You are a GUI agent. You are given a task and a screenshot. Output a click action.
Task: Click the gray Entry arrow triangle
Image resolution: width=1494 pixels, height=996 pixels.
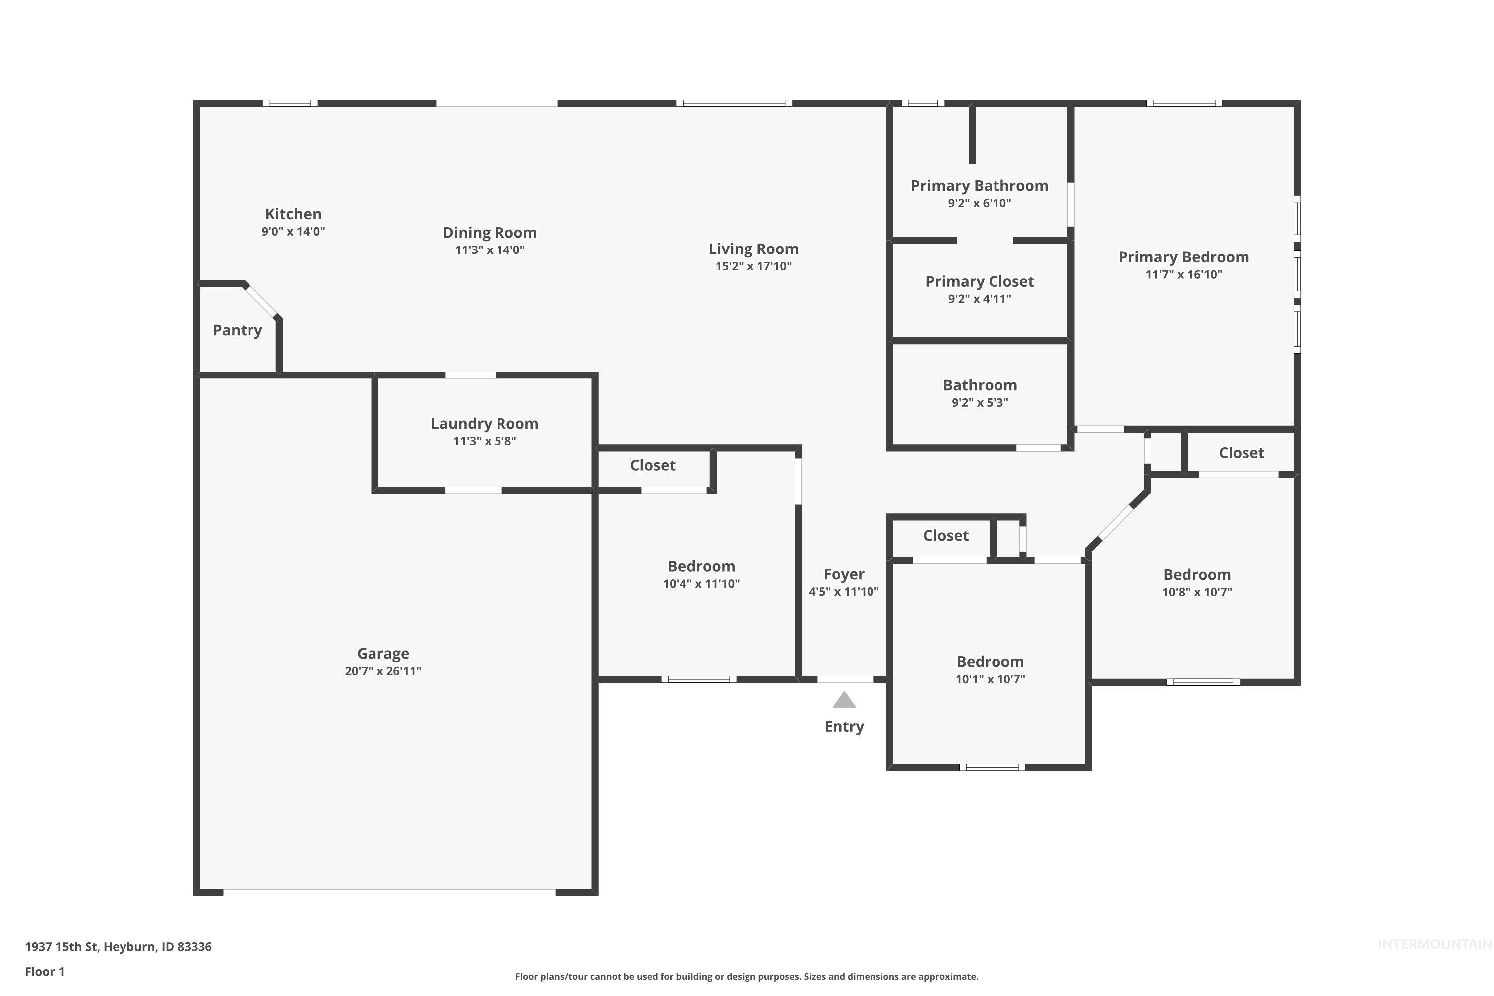pyautogui.click(x=844, y=700)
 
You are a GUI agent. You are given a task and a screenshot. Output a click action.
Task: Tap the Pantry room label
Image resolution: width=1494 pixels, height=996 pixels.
pyautogui.click(x=237, y=330)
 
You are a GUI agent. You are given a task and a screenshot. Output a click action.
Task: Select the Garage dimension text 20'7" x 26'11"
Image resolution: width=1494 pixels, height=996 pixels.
pyautogui.click(x=382, y=671)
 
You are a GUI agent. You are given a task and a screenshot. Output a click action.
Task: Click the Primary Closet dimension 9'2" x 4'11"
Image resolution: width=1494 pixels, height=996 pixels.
pyautogui.click(x=979, y=298)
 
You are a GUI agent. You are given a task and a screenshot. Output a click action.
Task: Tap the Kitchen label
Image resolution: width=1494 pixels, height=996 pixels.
pyautogui.click(x=293, y=214)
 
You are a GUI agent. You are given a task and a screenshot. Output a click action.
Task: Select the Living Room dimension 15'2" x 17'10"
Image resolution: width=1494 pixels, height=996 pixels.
pyautogui.click(x=753, y=266)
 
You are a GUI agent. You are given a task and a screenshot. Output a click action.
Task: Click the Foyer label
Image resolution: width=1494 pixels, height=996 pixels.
pyautogui.click(x=844, y=574)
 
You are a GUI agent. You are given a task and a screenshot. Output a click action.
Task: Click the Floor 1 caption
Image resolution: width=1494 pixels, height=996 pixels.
pyautogui.click(x=44, y=971)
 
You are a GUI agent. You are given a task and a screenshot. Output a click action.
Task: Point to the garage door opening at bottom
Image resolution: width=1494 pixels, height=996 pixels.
pyautogui.click(x=389, y=892)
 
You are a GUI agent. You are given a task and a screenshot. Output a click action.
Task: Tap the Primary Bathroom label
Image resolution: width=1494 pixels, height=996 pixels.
pyautogui.click(x=979, y=185)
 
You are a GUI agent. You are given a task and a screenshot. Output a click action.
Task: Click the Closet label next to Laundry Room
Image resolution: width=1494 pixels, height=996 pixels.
pyautogui.click(x=652, y=465)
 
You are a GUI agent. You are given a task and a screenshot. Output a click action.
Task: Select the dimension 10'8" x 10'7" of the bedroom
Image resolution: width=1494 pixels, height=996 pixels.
pyautogui.click(x=1197, y=592)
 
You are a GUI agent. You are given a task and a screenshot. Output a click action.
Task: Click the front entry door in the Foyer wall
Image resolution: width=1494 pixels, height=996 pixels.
pyautogui.click(x=845, y=679)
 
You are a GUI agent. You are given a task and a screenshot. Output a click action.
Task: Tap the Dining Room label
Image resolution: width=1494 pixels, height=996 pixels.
pyautogui.click(x=489, y=232)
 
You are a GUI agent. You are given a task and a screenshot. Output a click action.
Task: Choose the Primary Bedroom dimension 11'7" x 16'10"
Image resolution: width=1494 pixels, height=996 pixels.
pyautogui.click(x=1183, y=274)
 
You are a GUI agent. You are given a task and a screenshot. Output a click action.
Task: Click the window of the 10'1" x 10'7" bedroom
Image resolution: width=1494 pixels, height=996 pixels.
pyautogui.click(x=992, y=767)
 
